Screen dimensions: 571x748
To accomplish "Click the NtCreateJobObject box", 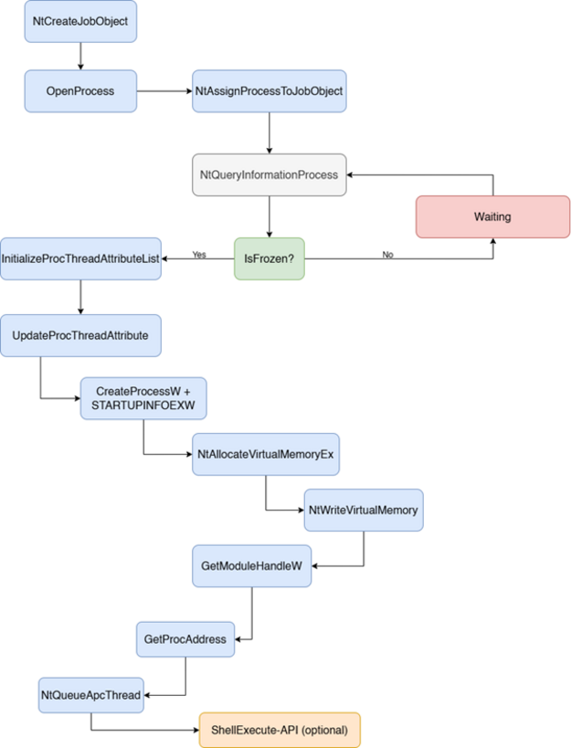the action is click(x=80, y=22).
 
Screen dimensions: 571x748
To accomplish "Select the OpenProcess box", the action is click(x=80, y=91).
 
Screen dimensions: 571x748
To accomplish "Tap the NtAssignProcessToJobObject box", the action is click(x=269, y=91).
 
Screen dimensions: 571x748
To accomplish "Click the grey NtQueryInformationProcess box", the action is click(x=269, y=174).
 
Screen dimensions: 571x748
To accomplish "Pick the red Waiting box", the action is click(x=492, y=216).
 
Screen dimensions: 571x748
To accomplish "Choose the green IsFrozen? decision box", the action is click(x=269, y=258).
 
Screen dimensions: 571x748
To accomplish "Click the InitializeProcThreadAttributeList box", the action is click(x=80, y=258).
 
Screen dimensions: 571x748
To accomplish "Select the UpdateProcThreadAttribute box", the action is click(x=80, y=335).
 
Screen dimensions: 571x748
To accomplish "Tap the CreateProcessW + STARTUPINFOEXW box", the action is click(x=143, y=398).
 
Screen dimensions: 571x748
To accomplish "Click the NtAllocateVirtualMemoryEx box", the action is click(x=266, y=454).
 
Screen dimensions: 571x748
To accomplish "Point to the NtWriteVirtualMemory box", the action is click(x=364, y=510).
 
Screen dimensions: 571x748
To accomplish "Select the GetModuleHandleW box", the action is click(x=252, y=565).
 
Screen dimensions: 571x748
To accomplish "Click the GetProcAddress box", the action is click(x=185, y=639).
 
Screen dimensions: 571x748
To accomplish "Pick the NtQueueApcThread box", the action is click(x=91, y=695).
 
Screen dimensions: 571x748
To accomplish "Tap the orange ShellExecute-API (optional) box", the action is click(x=280, y=730).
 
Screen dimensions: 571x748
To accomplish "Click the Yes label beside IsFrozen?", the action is click(x=199, y=255).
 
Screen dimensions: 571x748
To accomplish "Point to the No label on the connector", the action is click(x=387, y=255).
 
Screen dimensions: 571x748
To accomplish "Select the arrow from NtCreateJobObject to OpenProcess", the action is click(x=80, y=57).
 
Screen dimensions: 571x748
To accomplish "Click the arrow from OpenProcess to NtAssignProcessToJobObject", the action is click(x=164, y=91).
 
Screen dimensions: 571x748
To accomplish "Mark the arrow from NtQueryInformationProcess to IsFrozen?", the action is click(x=269, y=216).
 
